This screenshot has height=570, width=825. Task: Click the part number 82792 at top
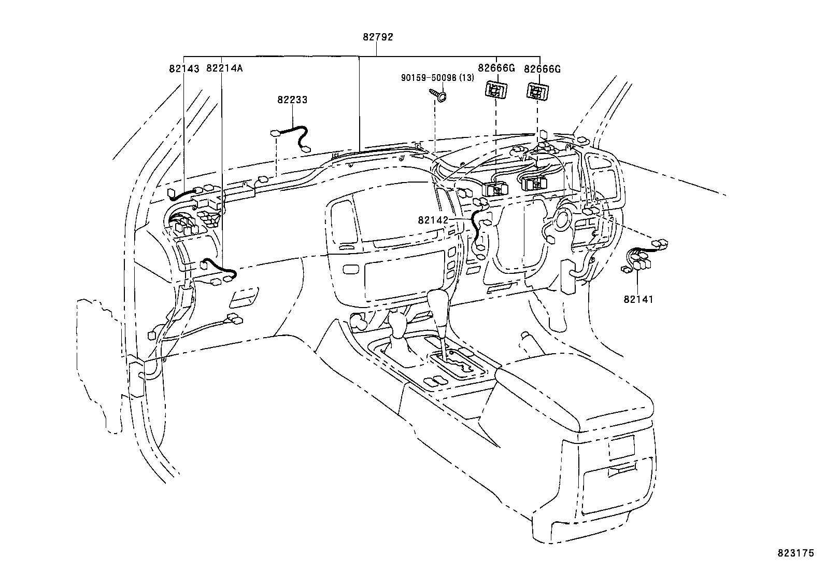click(378, 37)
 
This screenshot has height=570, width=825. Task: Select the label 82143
click(183, 68)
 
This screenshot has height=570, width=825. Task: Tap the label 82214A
click(224, 68)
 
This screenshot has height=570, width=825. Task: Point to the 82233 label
click(292, 100)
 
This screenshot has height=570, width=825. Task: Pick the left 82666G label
click(496, 68)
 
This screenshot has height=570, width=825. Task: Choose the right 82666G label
click(542, 68)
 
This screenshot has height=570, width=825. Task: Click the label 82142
click(433, 220)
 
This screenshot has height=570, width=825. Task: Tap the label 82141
click(638, 299)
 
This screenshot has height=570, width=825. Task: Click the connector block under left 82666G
click(496, 90)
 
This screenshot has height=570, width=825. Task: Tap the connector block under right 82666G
click(538, 92)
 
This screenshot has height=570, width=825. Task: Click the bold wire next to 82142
click(474, 228)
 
